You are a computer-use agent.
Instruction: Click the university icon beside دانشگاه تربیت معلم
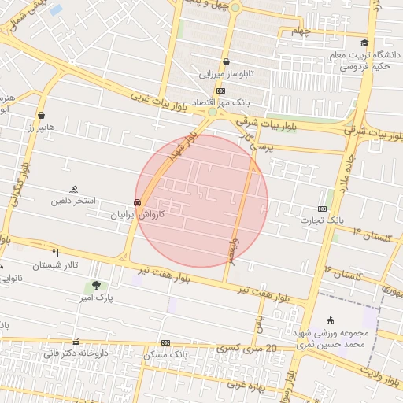click(364, 43)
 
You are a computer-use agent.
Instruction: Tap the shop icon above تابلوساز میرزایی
click(227, 61)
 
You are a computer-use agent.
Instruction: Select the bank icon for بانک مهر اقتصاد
click(220, 91)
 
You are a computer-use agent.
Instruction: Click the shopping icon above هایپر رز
click(41, 115)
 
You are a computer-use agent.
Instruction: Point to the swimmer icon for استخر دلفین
click(74, 189)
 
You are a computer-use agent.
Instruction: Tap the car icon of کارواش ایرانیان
click(138, 201)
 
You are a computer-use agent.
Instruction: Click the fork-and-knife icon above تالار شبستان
click(55, 253)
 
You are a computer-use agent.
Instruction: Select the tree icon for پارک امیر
click(96, 285)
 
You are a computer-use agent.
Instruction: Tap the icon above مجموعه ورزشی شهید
click(330, 320)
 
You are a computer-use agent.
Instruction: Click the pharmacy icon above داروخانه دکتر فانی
click(76, 342)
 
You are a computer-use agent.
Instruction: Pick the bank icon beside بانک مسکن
click(165, 343)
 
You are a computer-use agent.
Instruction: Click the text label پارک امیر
click(99, 298)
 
